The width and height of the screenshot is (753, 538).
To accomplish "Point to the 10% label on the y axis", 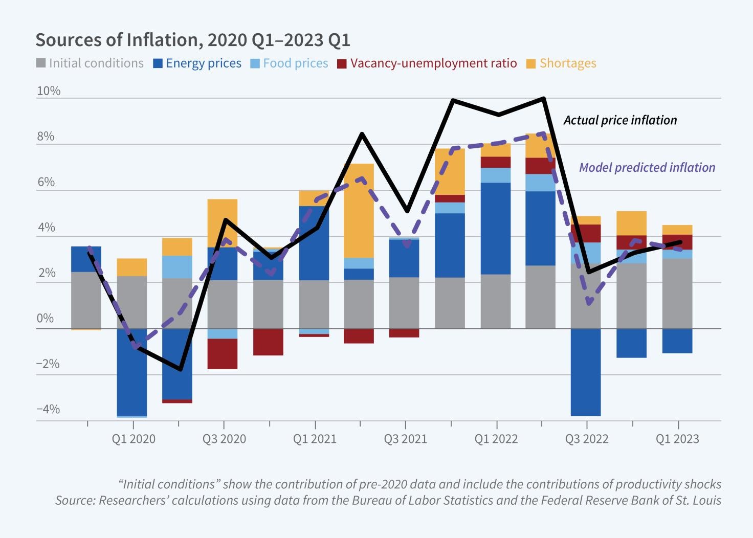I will point(49,91).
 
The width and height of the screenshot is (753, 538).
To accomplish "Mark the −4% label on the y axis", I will point(48,409).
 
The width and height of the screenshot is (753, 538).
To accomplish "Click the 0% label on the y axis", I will point(46,318).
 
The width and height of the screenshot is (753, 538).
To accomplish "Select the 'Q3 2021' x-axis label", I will point(405,439).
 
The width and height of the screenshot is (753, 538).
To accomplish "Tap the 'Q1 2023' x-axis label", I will point(677,439).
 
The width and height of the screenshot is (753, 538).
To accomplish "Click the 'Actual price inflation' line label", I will point(620,120).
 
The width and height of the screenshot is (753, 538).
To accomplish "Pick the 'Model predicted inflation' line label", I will point(647,167).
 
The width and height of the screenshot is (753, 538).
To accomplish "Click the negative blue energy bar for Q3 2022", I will point(586,372).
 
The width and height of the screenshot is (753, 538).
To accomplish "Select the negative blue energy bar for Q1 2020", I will point(132,372).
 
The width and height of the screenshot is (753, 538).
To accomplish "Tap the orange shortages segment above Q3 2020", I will point(222,223).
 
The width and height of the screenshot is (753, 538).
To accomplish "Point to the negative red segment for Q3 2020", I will point(222,353).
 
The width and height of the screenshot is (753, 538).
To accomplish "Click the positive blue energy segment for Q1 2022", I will point(496,228).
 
